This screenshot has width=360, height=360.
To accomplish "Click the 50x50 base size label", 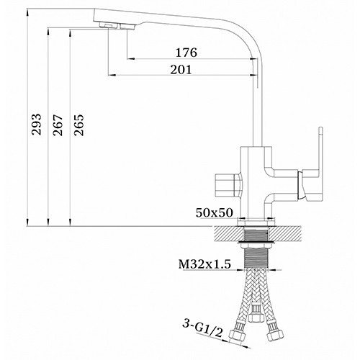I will pyautogui.click(x=214, y=213).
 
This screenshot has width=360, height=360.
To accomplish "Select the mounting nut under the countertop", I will pyautogui.click(x=255, y=249).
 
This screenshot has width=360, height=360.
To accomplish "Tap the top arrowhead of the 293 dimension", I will pyautogui.click(x=26, y=10).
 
